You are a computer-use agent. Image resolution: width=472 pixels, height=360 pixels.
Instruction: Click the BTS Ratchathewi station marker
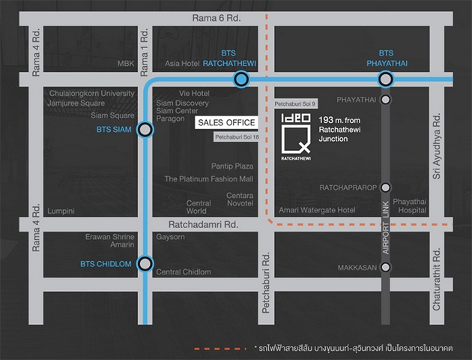(241, 79)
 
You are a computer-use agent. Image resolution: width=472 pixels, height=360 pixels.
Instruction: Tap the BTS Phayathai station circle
(386, 79)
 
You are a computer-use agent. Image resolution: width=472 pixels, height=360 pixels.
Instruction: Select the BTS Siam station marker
(145, 130)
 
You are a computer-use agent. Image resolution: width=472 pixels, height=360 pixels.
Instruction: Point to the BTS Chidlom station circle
(145, 264)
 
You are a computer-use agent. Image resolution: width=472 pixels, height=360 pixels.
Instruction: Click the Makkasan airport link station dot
(386, 267)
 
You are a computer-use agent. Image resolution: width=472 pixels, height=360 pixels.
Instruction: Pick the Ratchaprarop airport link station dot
(386, 187)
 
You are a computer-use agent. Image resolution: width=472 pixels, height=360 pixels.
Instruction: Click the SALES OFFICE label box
(226, 122)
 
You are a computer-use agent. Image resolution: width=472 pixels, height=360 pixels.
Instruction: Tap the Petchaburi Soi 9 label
(295, 103)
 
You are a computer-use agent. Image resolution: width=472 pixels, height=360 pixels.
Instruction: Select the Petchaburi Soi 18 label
(237, 137)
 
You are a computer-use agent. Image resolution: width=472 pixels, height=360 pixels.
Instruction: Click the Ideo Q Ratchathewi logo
(296, 136)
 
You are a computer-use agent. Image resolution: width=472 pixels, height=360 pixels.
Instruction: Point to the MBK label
(126, 64)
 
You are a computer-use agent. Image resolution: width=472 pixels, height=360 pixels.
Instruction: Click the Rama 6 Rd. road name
(217, 18)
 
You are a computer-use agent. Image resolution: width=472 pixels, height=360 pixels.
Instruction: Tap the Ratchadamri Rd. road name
(203, 224)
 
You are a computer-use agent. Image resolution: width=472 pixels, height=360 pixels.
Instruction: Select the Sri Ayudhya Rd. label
(437, 146)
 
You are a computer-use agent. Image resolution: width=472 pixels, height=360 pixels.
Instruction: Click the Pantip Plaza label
(232, 166)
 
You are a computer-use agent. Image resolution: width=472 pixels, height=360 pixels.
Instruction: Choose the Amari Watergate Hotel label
(317, 210)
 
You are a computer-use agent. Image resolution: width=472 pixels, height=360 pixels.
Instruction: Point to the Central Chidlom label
(184, 271)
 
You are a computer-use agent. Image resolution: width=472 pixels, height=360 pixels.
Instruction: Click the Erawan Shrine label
(109, 237)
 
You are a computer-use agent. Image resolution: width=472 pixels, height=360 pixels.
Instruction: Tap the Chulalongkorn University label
(92, 94)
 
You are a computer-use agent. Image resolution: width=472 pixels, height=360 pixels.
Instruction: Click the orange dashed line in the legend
(220, 349)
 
